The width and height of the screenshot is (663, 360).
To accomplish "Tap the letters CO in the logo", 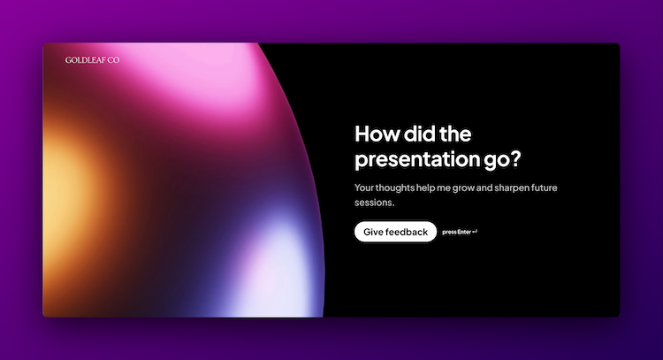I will point(113,60).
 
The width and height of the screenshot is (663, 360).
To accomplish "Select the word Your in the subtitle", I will point(364,188).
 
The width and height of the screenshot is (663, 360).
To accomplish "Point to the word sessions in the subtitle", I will point(373,203).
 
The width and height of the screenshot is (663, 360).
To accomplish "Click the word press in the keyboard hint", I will point(449,233).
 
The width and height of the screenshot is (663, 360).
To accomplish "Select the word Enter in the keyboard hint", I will point(464,233).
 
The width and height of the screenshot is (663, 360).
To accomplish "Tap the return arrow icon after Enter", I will point(476,233).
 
